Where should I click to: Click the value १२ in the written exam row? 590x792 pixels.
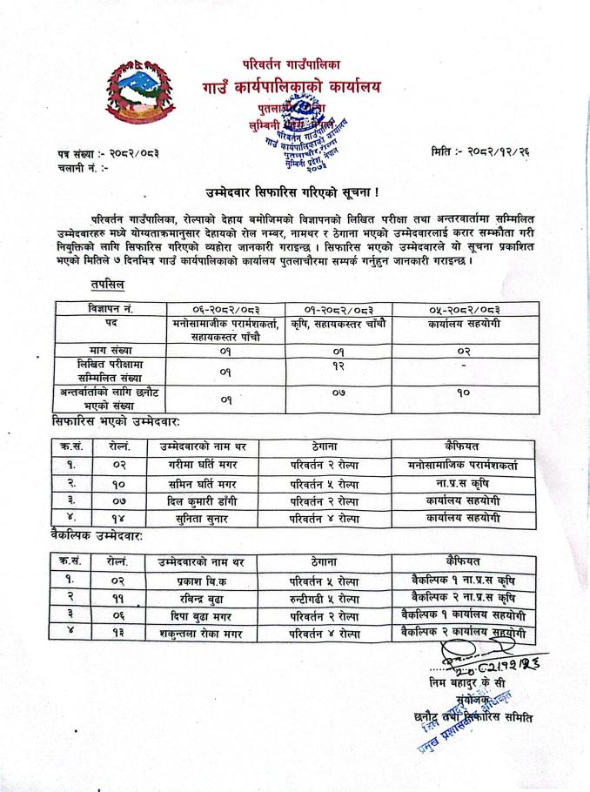point(332,367)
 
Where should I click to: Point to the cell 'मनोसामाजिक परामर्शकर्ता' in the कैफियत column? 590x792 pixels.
point(463,465)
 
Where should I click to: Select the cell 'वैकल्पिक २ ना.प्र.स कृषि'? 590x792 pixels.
point(464,597)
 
